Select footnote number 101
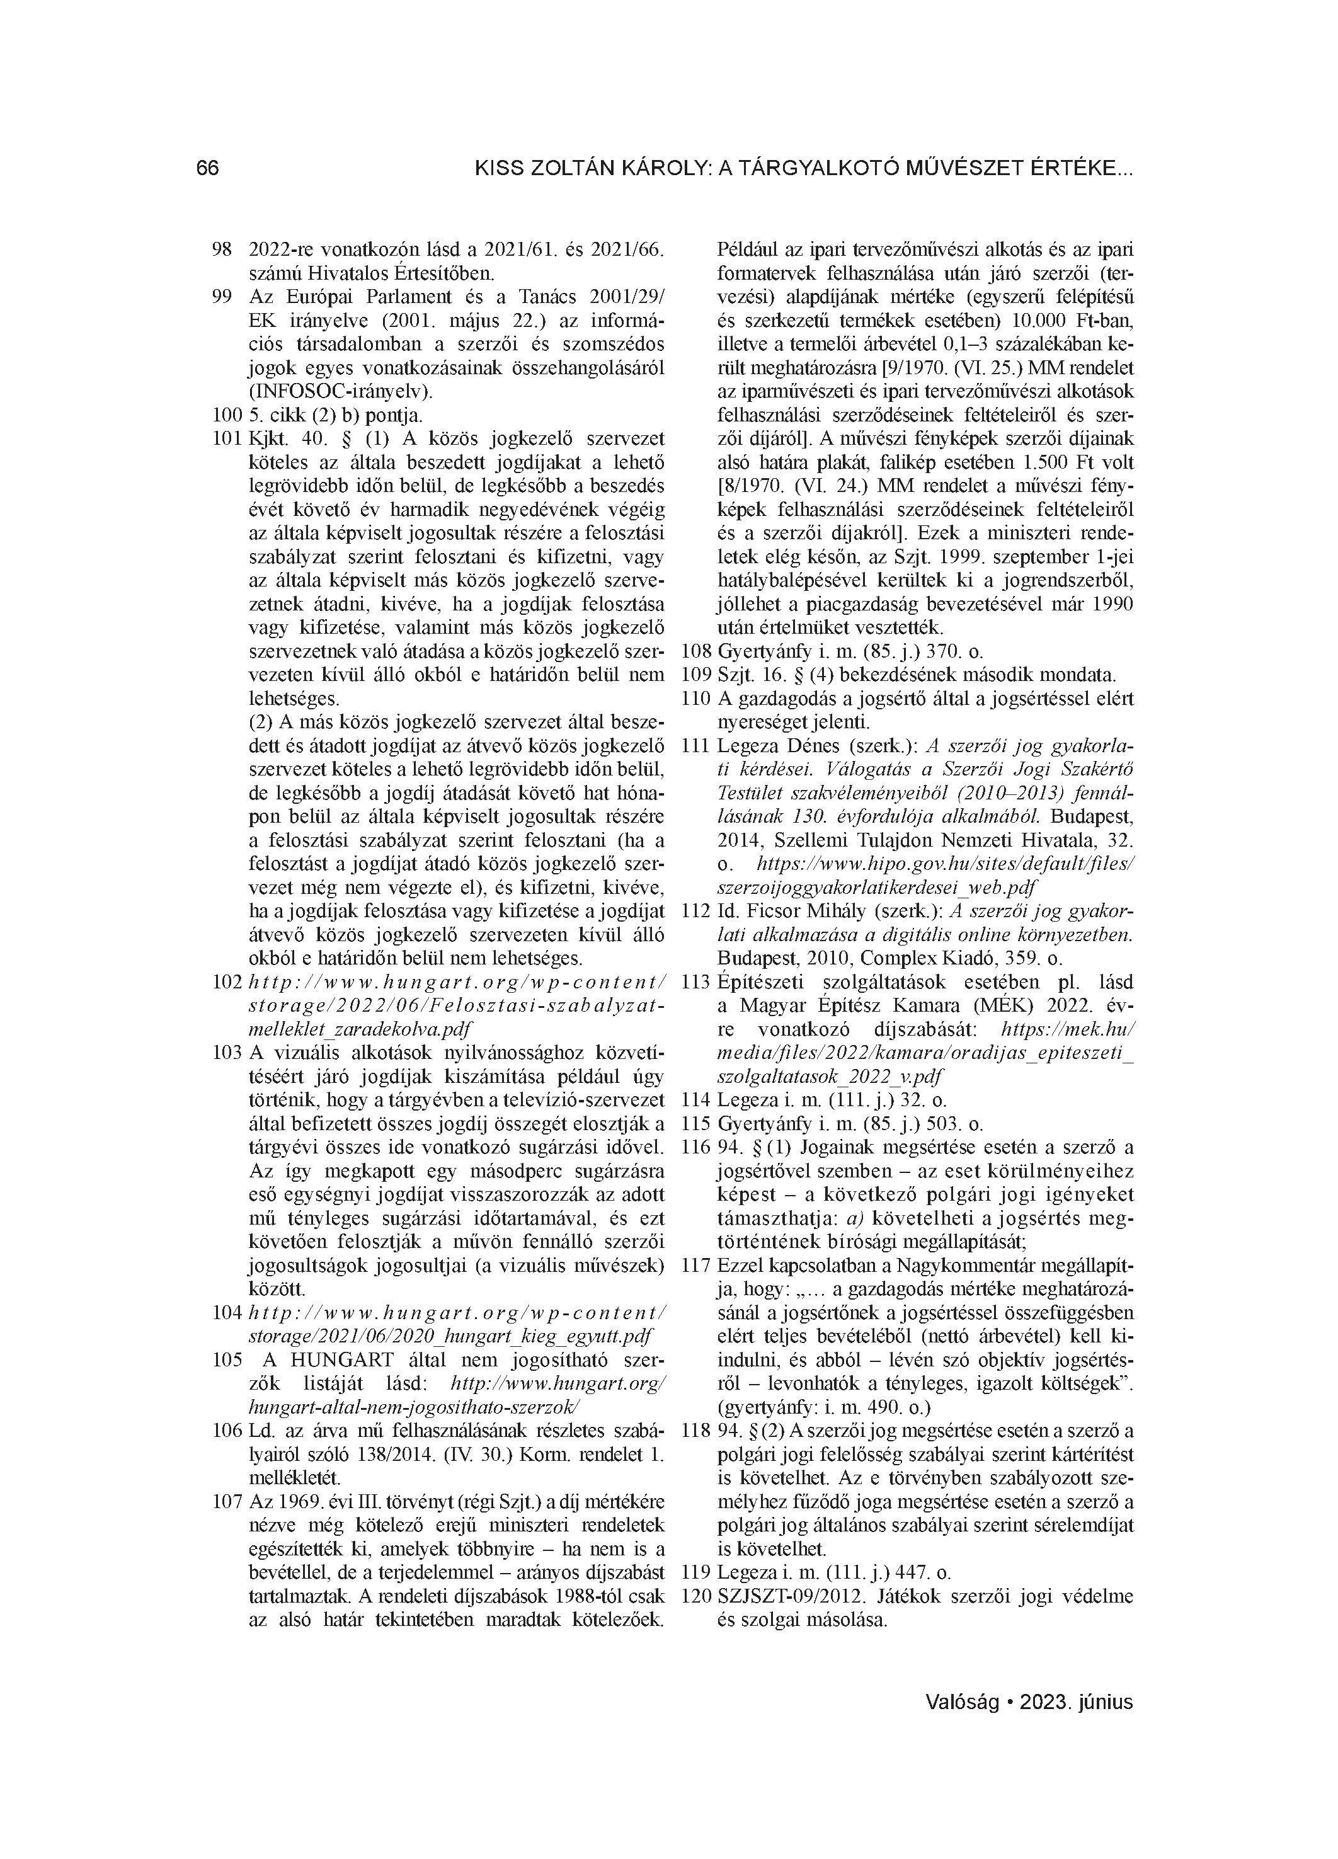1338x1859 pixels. (227, 438)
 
